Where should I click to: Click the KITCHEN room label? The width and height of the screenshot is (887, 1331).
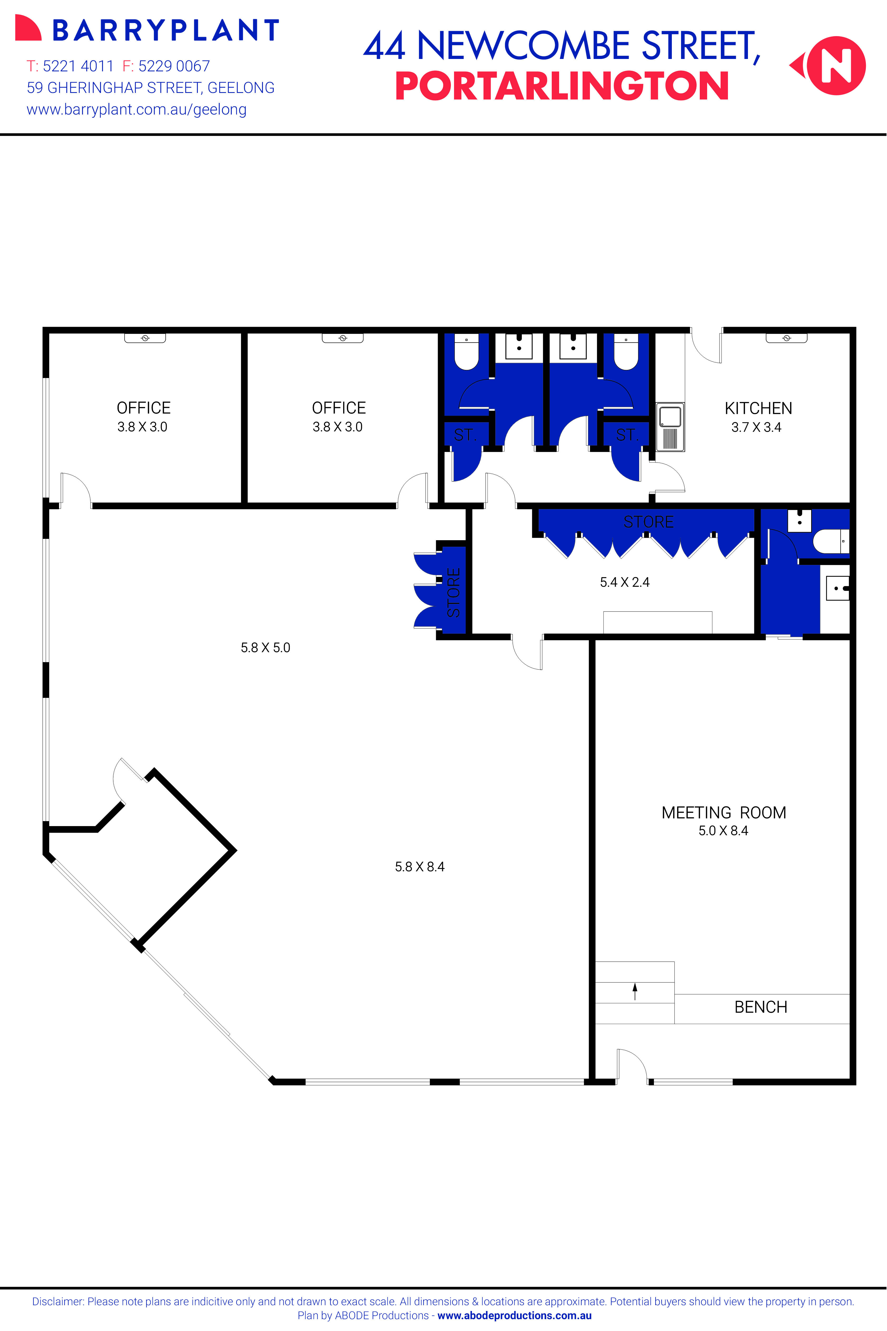click(x=758, y=408)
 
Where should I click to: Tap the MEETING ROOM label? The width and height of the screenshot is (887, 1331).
click(x=723, y=812)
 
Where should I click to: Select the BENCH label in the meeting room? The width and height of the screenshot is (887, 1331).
click(x=760, y=1007)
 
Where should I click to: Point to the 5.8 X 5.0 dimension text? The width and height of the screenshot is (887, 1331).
click(x=265, y=647)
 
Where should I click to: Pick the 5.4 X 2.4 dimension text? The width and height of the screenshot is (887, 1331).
click(x=624, y=582)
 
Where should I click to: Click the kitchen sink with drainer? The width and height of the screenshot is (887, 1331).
click(x=670, y=427)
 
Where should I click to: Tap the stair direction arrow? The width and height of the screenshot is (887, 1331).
click(x=635, y=991)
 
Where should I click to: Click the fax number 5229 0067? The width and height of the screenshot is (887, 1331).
click(x=174, y=66)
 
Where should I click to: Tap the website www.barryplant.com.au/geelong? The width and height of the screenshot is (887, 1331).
click(x=136, y=110)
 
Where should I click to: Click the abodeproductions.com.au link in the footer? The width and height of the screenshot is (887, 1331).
click(x=514, y=1316)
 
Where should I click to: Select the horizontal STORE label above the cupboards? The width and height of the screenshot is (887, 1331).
click(x=648, y=521)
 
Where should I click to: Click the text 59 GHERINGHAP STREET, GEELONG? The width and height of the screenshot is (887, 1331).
click(x=150, y=88)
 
